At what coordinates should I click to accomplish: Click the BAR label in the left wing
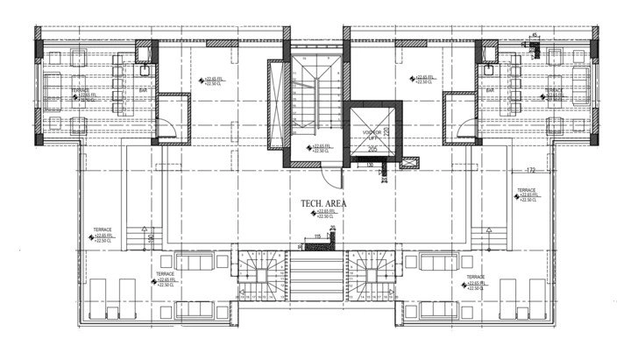click(143, 89)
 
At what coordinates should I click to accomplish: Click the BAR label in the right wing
click(492, 89)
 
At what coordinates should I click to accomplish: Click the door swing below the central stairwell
click(328, 176)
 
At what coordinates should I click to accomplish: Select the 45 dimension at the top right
click(535, 36)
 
